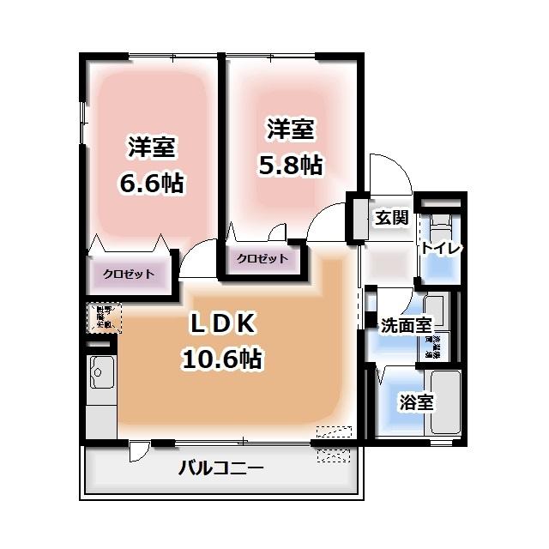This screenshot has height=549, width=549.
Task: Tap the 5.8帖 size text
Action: [x=290, y=165]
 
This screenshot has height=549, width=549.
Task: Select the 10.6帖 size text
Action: [x=221, y=358]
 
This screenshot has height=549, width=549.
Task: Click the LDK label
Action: [x=221, y=324]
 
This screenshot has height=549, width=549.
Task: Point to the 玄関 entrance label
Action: [x=391, y=217]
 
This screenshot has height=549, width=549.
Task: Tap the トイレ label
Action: [x=441, y=248]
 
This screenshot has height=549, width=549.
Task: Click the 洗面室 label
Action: [x=405, y=325]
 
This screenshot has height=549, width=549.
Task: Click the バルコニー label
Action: [x=221, y=468]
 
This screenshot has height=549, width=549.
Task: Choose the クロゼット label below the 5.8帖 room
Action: [x=262, y=257]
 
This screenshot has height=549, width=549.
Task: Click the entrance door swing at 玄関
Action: [x=389, y=174]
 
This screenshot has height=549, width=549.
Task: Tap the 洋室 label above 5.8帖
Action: [x=290, y=130]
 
